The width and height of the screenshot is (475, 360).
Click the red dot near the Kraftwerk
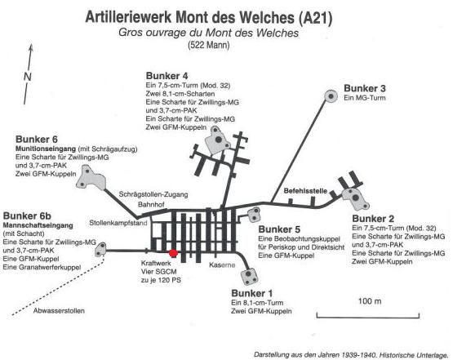(173, 253)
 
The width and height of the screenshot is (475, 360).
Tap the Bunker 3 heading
(365, 88)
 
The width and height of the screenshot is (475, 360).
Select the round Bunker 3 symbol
(331, 96)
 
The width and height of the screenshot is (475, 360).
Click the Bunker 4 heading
(166, 75)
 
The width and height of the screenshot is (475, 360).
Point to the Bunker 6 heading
(37, 139)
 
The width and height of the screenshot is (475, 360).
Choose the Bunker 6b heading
(27, 216)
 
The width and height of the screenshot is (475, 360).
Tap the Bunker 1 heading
(251, 293)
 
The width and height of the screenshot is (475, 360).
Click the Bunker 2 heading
(373, 219)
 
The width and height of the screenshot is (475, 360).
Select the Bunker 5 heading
(279, 229)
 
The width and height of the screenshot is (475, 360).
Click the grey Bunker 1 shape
(250, 277)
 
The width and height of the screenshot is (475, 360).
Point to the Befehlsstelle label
(305, 191)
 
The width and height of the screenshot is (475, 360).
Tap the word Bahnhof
(151, 205)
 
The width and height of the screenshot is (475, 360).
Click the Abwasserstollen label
(59, 310)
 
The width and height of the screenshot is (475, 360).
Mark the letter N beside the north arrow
(28, 77)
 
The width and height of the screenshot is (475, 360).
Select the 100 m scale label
(370, 301)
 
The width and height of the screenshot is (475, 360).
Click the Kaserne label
(222, 264)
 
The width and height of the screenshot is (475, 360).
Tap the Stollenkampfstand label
(118, 223)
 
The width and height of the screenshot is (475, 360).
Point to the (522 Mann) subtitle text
(209, 45)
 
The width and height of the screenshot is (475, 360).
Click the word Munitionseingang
(46, 149)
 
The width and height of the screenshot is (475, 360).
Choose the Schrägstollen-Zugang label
(153, 194)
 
